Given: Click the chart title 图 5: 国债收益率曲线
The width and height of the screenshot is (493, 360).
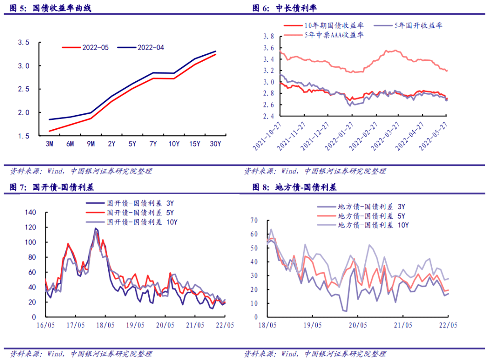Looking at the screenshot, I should click(50, 8).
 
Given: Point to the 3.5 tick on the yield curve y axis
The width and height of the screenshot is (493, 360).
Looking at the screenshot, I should click(23, 42).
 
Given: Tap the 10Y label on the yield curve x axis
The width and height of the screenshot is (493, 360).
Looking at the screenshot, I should click(173, 144).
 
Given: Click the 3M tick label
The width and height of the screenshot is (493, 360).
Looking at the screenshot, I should click(49, 144).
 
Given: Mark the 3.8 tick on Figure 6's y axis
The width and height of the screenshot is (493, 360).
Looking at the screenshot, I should click(269, 37).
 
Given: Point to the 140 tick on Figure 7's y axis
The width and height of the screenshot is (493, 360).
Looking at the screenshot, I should click(30, 212).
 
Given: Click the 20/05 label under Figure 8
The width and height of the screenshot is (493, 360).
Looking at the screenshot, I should click(358, 325).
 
